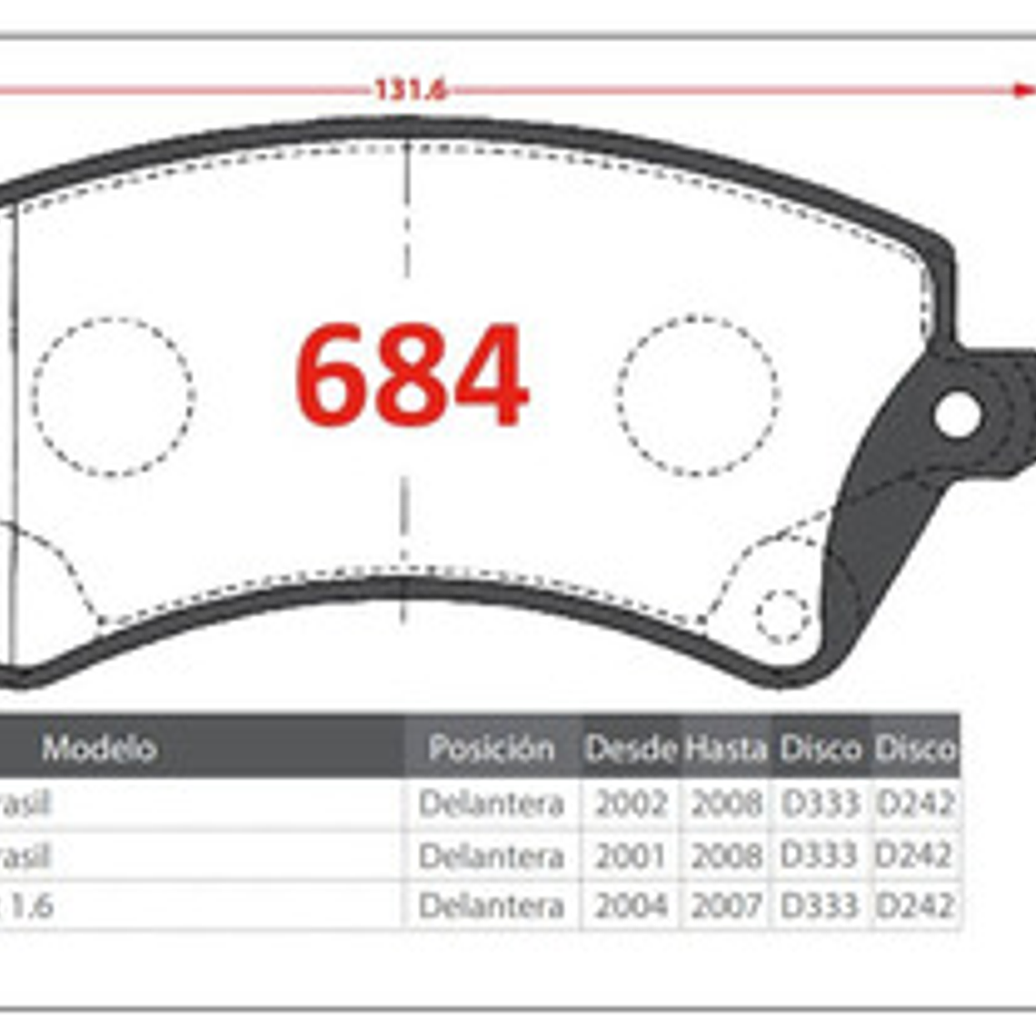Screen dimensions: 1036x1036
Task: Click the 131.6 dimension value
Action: (x=410, y=90)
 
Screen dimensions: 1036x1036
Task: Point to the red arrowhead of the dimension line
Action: (x=1024, y=90)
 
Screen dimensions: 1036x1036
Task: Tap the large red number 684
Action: (x=411, y=375)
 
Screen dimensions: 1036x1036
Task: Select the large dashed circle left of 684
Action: (x=114, y=396)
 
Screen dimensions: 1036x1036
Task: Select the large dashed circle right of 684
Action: (x=697, y=396)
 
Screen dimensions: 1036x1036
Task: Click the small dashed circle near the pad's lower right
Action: (x=782, y=616)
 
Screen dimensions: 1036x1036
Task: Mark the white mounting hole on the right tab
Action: (x=957, y=414)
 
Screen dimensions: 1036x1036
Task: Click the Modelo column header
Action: (x=99, y=749)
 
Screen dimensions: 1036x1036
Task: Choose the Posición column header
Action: (x=492, y=749)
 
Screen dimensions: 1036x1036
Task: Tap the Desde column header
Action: (x=631, y=749)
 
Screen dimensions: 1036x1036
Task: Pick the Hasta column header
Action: (x=725, y=749)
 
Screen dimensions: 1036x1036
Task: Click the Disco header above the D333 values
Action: (x=820, y=749)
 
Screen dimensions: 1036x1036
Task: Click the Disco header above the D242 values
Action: (x=914, y=749)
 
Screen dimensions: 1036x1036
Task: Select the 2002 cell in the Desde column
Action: (x=631, y=804)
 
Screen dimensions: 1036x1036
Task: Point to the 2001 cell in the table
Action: (x=631, y=855)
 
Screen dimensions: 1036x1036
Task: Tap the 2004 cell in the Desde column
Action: (x=631, y=906)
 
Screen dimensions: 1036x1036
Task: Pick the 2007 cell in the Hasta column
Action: (x=725, y=906)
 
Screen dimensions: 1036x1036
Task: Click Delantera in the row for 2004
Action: (x=492, y=906)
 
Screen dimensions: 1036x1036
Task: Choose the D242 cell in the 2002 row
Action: (x=914, y=804)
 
